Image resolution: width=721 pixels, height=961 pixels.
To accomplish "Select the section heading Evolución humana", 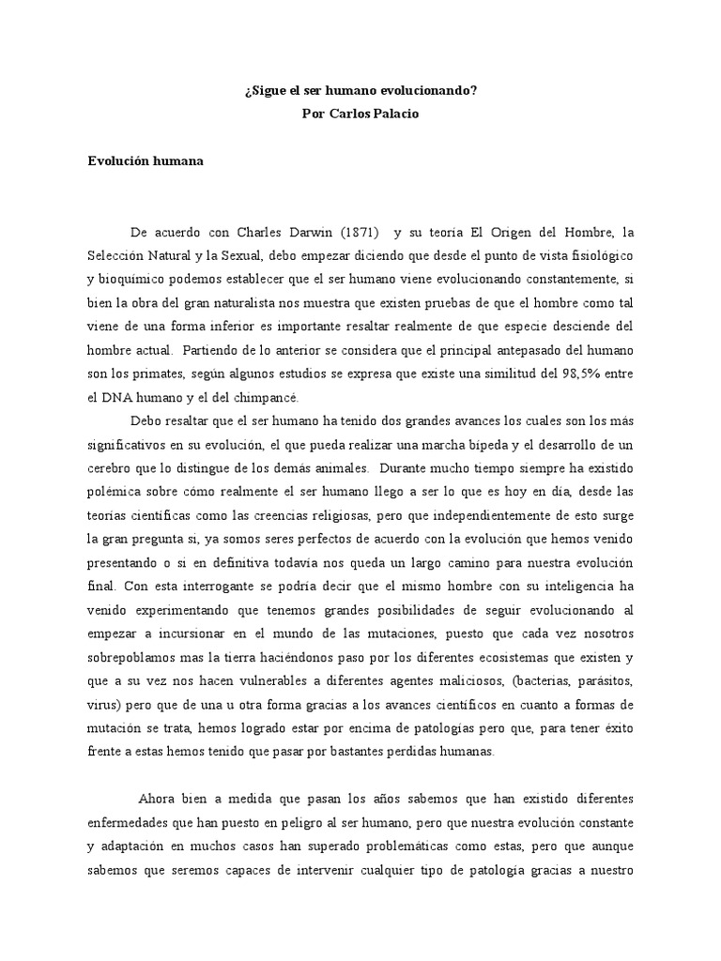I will tap(146, 160).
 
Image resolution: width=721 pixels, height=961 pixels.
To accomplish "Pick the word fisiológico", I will tap(596, 255).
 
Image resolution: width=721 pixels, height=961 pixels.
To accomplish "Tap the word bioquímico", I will tap(129, 279).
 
